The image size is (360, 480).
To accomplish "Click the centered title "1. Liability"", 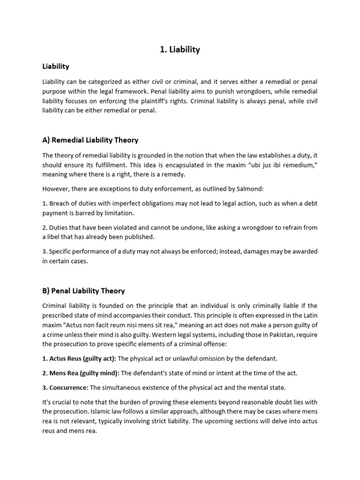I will [x=180, y=49].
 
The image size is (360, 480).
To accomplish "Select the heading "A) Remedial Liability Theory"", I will [x=90, y=140].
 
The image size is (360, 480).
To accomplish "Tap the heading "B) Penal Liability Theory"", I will [x=83, y=291].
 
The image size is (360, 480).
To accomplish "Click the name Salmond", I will [x=249, y=189].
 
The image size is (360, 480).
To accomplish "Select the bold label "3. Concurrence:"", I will [x=65, y=387].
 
